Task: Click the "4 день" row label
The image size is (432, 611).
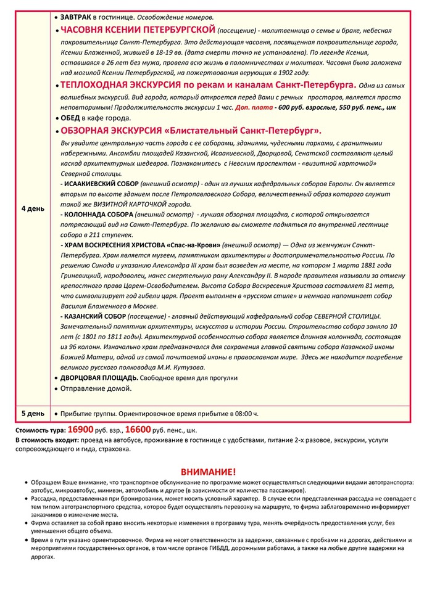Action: [33, 208]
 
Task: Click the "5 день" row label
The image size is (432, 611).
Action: [33, 413]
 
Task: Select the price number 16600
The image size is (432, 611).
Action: [138, 429]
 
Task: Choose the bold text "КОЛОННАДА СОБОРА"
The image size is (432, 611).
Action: [97, 214]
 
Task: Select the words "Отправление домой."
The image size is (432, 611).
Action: [96, 388]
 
